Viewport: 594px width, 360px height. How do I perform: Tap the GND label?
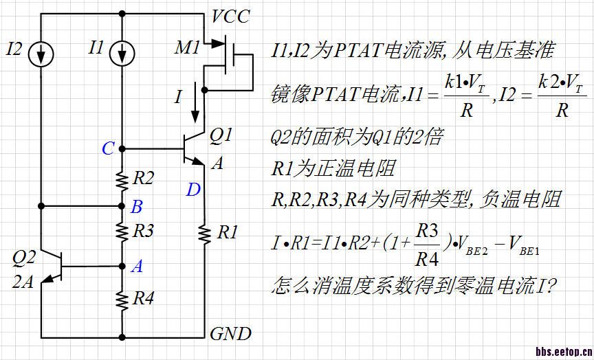tap(231, 335)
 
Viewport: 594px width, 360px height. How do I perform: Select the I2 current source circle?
tap(41, 54)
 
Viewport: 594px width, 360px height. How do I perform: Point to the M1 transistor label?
tap(188, 47)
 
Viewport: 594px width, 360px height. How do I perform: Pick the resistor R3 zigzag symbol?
tap(122, 232)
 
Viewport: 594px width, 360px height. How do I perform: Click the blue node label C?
tap(108, 148)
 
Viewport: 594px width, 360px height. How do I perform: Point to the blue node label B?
tap(137, 206)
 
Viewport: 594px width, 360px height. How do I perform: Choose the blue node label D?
tap(193, 189)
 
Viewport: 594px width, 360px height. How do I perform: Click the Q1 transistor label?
tap(221, 136)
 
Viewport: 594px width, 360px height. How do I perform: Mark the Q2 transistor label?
tap(24, 258)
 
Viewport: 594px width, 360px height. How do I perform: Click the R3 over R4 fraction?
tap(426, 246)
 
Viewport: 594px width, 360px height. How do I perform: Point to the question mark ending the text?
tap(550, 285)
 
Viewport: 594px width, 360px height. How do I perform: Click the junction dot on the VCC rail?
tap(122, 13)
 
